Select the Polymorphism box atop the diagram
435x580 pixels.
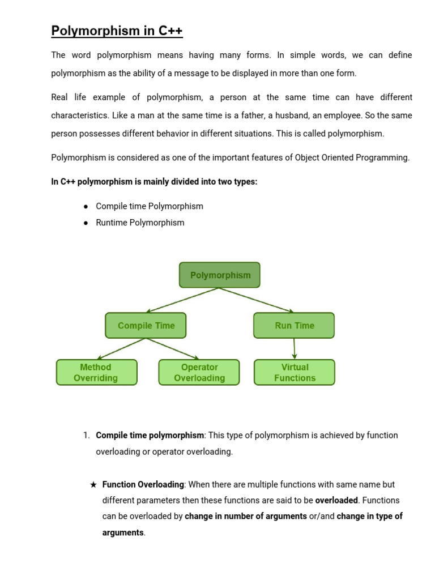220,275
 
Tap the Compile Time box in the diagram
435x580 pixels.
146,326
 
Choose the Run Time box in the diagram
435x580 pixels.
294,326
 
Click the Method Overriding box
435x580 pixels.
96,373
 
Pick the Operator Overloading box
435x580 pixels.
199,373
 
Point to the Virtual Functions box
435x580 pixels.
295,373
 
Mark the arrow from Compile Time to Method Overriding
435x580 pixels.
122,349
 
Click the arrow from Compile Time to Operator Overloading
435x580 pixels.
173,349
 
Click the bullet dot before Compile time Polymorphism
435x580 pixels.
86,207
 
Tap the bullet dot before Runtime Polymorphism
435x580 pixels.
86,223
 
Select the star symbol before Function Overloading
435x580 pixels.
93,485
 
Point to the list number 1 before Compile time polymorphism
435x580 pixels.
86,436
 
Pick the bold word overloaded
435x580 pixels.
336,501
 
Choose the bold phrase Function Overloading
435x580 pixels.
143,485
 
